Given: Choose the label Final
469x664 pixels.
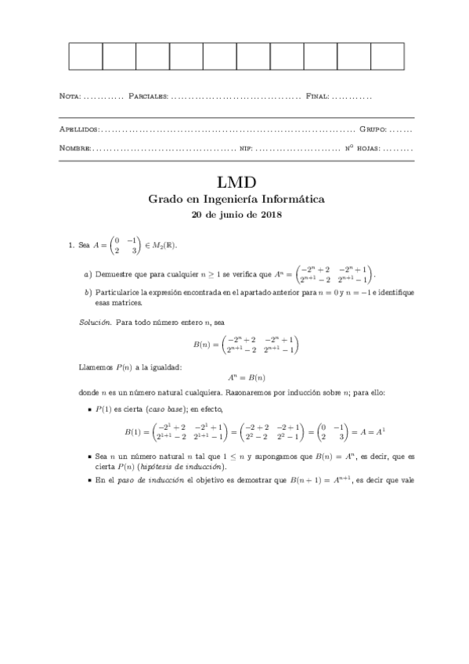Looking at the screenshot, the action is [317, 96].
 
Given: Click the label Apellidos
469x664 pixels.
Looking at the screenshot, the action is [78, 128].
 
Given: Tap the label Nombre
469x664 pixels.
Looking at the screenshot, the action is [75, 147].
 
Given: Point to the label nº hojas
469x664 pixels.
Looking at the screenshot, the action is [362, 147].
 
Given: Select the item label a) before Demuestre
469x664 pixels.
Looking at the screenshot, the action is [88, 275].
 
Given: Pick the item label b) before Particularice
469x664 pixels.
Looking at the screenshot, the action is [88, 292].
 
